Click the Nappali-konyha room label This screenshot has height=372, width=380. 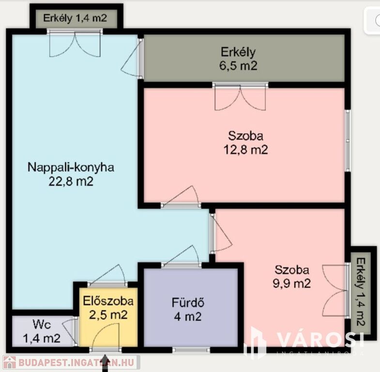(71, 168)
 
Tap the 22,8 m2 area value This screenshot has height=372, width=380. (71, 181)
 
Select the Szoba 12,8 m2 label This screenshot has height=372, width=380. (245, 143)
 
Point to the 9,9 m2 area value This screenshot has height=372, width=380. (292, 283)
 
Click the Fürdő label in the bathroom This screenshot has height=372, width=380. (188, 303)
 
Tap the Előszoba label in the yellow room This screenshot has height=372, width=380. (108, 301)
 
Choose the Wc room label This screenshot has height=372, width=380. (42, 325)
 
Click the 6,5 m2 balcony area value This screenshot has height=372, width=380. (239, 66)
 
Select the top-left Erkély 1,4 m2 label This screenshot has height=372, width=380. (75, 18)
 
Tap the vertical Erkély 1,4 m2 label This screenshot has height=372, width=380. (361, 292)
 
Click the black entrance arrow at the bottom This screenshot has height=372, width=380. (105, 363)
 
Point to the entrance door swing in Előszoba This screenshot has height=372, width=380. (106, 337)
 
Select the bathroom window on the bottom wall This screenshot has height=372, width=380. (191, 350)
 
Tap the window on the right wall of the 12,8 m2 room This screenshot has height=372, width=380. (348, 140)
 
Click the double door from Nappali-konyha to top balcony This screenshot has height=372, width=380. (75, 44)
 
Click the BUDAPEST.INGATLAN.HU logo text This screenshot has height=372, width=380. (76, 363)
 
